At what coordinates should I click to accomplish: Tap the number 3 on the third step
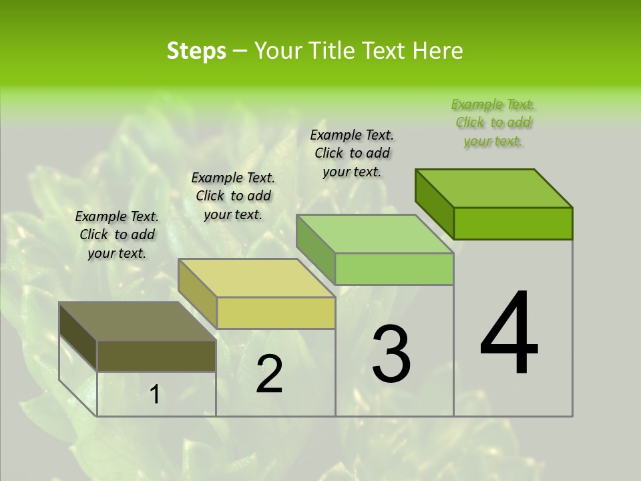[391, 353]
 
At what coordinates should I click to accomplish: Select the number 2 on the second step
[270, 373]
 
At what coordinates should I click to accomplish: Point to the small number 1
[155, 395]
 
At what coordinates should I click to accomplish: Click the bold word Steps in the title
[196, 51]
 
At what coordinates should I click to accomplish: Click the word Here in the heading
[438, 51]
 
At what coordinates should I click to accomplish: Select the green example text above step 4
[493, 123]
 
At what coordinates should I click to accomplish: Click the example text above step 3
[352, 153]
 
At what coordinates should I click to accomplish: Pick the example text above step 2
[233, 196]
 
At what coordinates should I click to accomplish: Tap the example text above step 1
[117, 234]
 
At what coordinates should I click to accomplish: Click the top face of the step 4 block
[494, 188]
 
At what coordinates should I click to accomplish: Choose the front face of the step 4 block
[513, 223]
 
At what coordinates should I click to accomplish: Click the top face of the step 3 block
[375, 234]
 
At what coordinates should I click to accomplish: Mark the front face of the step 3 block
[394, 269]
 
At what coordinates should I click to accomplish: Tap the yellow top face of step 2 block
[256, 278]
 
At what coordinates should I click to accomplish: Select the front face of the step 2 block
[276, 313]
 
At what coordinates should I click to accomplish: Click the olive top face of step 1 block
[138, 321]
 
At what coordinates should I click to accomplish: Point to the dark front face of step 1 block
[156, 355]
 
